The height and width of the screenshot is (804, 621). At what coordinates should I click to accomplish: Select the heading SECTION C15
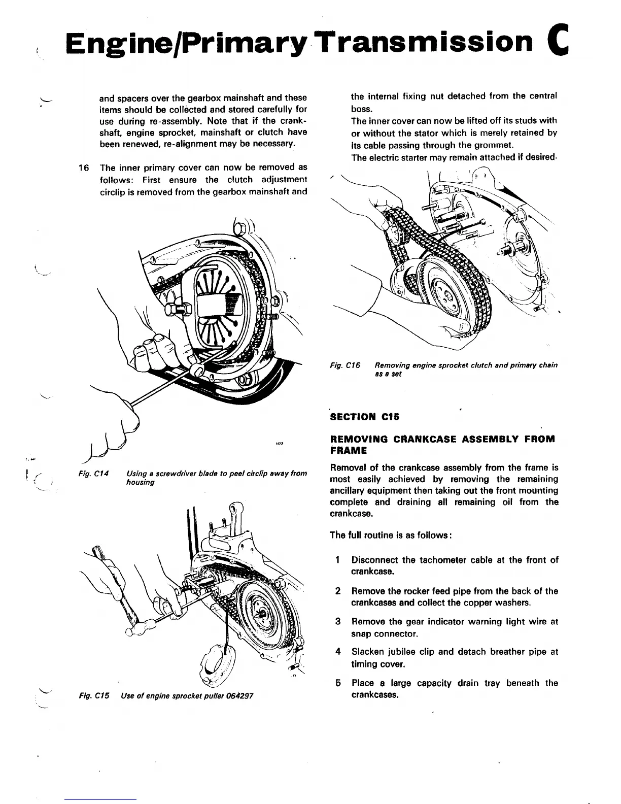365,417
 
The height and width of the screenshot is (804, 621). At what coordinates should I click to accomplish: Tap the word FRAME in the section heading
348,450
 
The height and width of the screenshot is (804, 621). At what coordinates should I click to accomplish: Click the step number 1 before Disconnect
337,560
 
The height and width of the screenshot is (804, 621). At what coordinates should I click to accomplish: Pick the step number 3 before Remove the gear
337,621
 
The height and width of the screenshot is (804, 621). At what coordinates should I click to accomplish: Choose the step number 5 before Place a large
337,683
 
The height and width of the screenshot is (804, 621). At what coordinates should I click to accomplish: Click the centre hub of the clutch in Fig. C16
447,295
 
